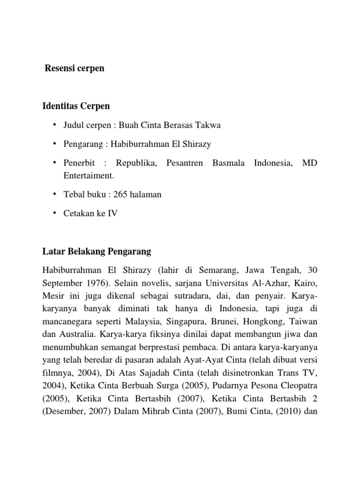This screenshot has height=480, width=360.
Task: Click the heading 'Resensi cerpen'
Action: pyautogui.click(x=74, y=68)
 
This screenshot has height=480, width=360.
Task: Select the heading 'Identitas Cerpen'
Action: pyautogui.click(x=76, y=106)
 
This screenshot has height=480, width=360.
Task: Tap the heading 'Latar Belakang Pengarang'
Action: pyautogui.click(x=97, y=252)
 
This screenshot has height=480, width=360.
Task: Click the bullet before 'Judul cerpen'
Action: pyautogui.click(x=54, y=125)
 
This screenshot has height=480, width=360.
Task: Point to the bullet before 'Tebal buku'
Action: pyautogui.click(x=54, y=194)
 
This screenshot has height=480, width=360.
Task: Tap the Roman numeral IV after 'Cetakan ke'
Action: pyautogui.click(x=112, y=214)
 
